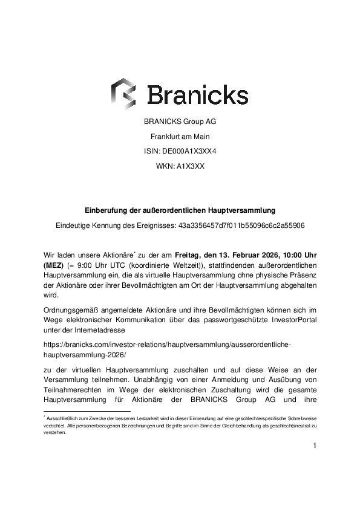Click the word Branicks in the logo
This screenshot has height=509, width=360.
[198, 95]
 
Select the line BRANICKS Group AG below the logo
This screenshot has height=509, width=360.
[180, 122]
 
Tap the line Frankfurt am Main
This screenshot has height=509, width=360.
[180, 137]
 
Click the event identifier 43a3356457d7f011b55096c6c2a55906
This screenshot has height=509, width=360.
[241, 225]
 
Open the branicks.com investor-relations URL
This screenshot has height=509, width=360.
[168, 348]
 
